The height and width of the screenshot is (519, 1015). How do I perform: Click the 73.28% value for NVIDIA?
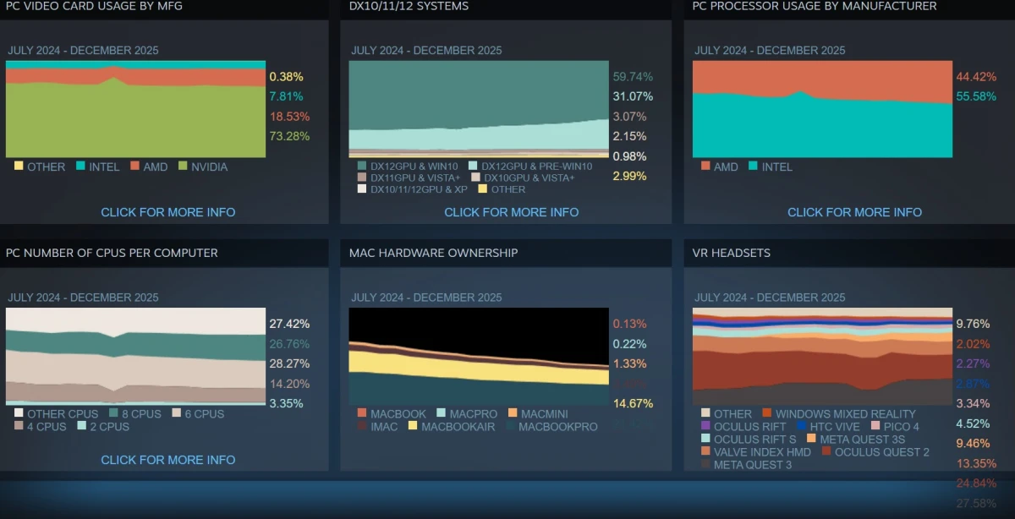pos(289,136)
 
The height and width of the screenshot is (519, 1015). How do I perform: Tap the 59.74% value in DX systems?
pos(633,76)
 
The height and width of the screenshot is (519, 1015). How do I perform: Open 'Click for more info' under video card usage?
pos(168,212)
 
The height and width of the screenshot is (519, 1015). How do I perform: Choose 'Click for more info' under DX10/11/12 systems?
pos(512,212)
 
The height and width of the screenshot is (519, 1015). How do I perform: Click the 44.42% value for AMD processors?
pos(976,77)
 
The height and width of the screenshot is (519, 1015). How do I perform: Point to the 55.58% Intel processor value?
pos(976,96)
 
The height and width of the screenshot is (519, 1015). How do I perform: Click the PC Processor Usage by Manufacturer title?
pos(815,6)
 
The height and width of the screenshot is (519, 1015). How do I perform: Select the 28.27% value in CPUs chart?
pos(289,363)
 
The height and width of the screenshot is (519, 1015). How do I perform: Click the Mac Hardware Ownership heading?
pos(434,253)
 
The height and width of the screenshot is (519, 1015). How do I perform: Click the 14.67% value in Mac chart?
pos(633,403)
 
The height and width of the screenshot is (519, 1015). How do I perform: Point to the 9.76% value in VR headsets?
pos(972,324)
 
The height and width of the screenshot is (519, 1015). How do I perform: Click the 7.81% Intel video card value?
pos(286,96)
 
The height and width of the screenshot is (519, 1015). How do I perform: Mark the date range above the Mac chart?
pos(426,298)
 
